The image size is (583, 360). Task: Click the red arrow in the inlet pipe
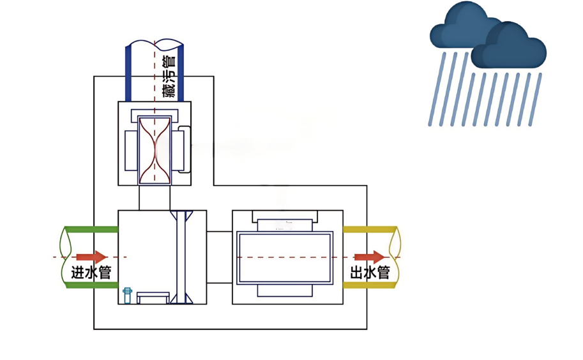click(93, 257)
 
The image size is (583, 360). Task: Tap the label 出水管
click(370, 273)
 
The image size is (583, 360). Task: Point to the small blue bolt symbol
click(127, 295)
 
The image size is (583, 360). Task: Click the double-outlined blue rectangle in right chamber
click(285, 258)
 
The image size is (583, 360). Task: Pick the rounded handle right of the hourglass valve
click(186, 149)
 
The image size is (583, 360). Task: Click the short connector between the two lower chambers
click(219, 257)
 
